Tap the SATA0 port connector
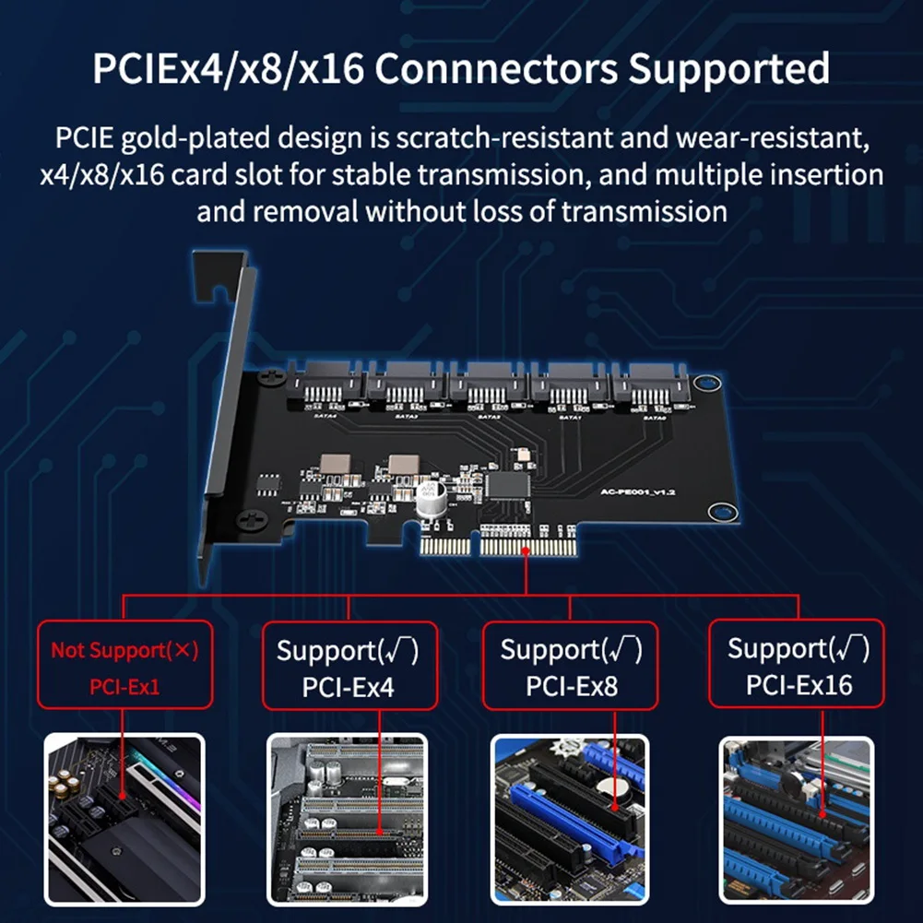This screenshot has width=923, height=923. coord(652,389)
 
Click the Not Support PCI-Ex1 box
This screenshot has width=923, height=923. coord(124,664)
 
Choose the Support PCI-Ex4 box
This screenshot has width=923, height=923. coord(348,664)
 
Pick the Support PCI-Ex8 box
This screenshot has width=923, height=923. coord(571,664)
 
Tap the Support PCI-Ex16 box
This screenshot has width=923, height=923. coord(799,664)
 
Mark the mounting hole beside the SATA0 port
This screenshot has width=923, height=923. coord(703,383)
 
